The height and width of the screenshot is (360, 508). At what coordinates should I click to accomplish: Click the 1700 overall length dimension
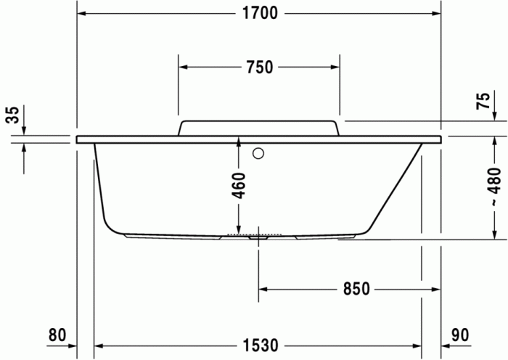259,15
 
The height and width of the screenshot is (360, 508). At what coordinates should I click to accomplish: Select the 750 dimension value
259,67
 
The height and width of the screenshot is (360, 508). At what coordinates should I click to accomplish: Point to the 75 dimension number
483,102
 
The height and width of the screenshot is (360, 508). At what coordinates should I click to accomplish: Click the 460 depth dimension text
239,186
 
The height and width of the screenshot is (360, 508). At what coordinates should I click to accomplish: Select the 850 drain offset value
357,289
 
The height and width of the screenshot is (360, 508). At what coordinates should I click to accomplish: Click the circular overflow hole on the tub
259,154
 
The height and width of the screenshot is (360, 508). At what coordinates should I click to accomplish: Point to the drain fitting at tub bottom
259,236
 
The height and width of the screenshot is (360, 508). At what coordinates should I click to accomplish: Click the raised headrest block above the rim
259,128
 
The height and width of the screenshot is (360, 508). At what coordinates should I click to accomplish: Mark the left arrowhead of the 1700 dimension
82,15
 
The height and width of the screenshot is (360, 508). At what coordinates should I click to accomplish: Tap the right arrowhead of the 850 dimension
417,289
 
